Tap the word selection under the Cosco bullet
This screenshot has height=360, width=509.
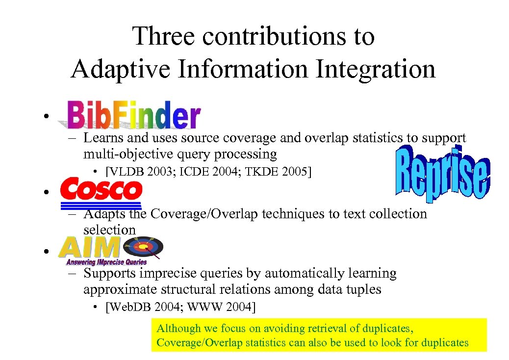(x=109, y=230)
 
